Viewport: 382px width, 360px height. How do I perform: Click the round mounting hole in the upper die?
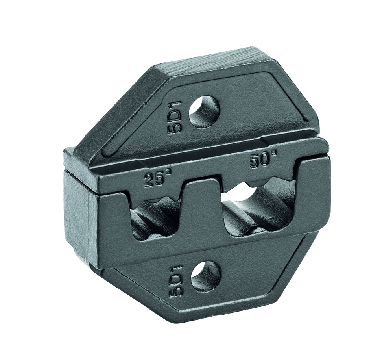point(204,112)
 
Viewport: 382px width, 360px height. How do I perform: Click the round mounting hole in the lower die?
point(206,276)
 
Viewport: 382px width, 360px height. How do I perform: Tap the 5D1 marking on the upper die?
point(175,118)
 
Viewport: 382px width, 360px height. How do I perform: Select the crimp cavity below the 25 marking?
point(155,219)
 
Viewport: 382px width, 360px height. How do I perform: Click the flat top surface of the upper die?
point(220,59)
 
